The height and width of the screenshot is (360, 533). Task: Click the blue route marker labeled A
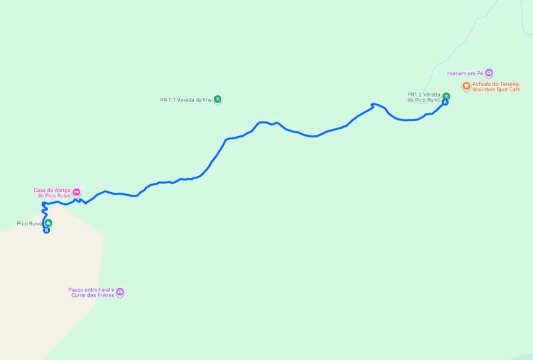pyautogui.click(x=445, y=102)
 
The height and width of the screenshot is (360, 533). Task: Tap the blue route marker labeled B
pyautogui.click(x=46, y=231)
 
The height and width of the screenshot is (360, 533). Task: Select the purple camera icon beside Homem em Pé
pyautogui.click(x=488, y=73)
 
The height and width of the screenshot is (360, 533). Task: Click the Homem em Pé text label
pyautogui.click(x=465, y=73)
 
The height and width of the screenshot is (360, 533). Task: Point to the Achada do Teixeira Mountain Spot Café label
pyautogui.click(x=496, y=87)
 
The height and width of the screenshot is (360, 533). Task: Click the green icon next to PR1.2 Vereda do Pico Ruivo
pyautogui.click(x=446, y=95)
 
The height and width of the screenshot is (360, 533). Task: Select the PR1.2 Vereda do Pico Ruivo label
pyautogui.click(x=424, y=97)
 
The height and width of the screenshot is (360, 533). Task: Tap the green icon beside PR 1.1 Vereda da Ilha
pyautogui.click(x=217, y=99)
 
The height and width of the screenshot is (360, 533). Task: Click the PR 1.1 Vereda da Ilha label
pyautogui.click(x=186, y=99)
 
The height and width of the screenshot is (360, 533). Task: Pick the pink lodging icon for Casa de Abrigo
pyautogui.click(x=77, y=193)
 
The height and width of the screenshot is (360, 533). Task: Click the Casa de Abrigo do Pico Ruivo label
pyautogui.click(x=53, y=193)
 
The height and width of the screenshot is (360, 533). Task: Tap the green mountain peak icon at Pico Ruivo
pyautogui.click(x=48, y=223)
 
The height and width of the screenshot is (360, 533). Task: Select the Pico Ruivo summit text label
pyautogui.click(x=29, y=223)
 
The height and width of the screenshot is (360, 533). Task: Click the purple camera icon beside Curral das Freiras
pyautogui.click(x=120, y=292)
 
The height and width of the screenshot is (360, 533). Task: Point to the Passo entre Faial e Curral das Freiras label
pyautogui.click(x=91, y=292)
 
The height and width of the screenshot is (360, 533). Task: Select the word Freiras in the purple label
pyautogui.click(x=105, y=295)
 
